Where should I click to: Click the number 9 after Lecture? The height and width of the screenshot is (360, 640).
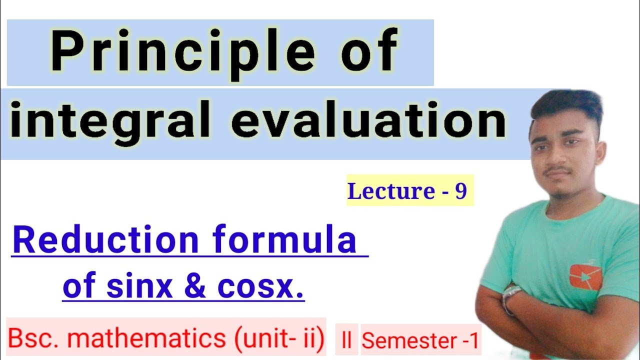pyautogui.click(x=460, y=191)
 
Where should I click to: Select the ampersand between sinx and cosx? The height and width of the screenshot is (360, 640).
pyautogui.click(x=194, y=288)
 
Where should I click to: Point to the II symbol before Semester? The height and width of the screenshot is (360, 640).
pyautogui.click(x=346, y=341)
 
